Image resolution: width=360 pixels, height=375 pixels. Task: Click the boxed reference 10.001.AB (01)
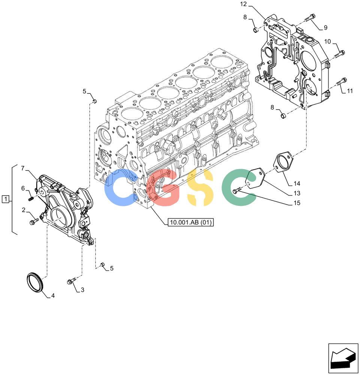pyautogui.click(x=190, y=222)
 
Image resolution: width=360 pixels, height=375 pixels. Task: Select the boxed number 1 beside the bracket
pyautogui.click(x=6, y=199)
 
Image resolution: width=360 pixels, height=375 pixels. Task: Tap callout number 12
pyautogui.click(x=243, y=4)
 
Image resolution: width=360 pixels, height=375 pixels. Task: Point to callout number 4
pyautogui.click(x=53, y=295)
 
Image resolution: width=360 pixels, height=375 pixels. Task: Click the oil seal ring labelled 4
pyautogui.click(x=34, y=282)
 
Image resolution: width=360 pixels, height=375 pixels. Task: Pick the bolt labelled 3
pyautogui.click(x=71, y=281)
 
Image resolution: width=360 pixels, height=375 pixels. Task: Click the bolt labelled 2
pyautogui.click(x=34, y=221)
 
